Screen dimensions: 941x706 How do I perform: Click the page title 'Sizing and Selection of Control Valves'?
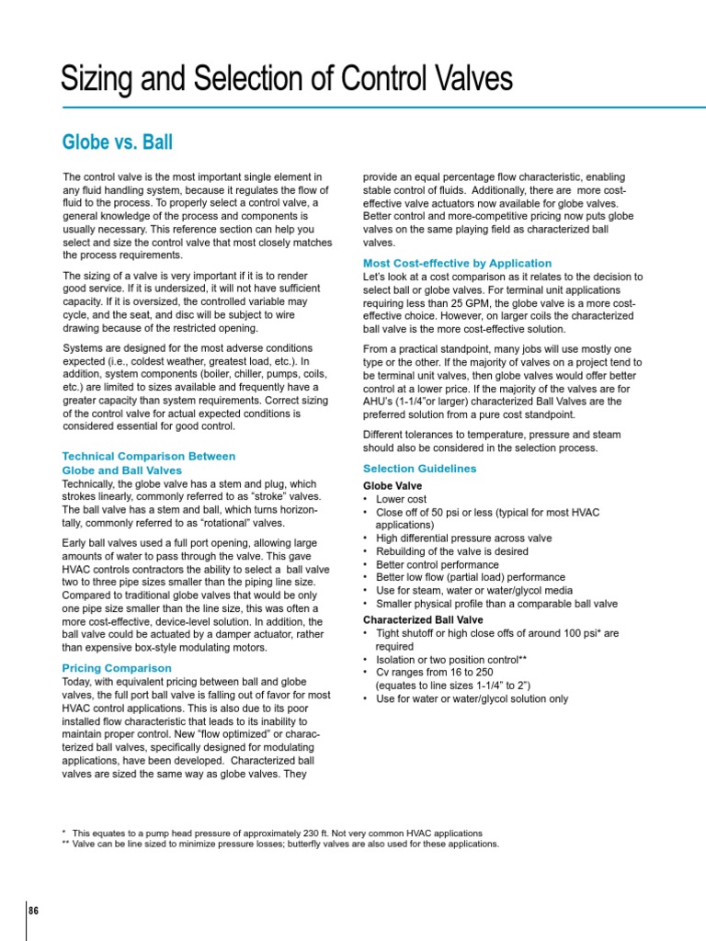[x=286, y=79]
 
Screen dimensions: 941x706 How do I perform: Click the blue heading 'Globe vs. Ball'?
[x=117, y=142]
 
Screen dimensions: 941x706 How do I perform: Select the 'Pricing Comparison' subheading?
[x=116, y=668]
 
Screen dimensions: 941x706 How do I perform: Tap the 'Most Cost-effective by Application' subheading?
[x=457, y=263]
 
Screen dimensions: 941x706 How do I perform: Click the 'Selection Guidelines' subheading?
[x=420, y=469]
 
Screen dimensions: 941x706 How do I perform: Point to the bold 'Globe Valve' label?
[x=393, y=485]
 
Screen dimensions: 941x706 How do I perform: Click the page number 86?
[x=34, y=911]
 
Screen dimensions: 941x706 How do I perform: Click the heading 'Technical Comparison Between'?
[x=148, y=456]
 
